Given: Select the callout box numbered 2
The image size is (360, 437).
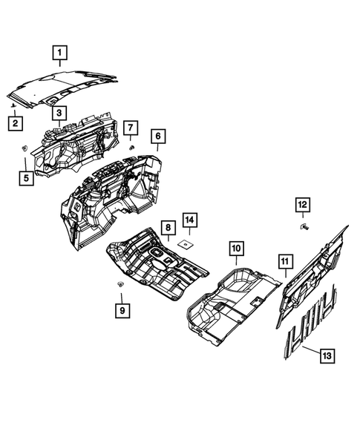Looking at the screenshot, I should (x=14, y=123).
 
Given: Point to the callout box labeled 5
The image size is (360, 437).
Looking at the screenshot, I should (x=27, y=177).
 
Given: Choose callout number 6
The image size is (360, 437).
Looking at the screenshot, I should (x=158, y=136).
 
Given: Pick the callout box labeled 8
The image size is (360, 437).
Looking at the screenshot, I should (x=168, y=226).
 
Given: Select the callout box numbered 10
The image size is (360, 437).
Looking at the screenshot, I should (x=236, y=249).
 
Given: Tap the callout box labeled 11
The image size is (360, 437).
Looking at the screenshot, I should (x=284, y=260).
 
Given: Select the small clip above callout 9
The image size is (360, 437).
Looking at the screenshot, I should (x=120, y=285).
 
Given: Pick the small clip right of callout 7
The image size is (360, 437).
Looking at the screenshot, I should (x=132, y=147).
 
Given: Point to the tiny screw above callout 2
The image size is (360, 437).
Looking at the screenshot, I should (x=14, y=108).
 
